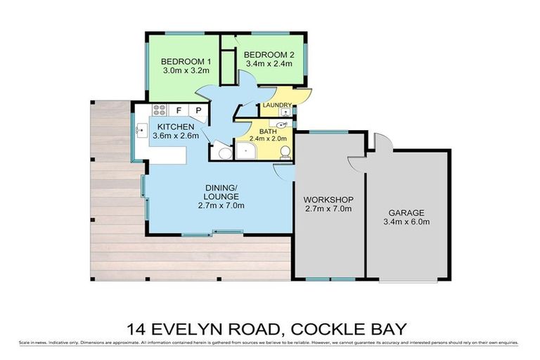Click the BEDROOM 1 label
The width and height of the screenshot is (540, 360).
pos(181,60)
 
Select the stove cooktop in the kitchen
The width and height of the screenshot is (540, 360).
pos(160,110)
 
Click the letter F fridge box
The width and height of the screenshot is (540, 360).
pos(179,110)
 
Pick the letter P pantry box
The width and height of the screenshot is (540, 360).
pos(198,110)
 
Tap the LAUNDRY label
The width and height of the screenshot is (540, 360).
pos(276,105)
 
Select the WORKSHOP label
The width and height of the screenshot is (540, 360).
pos(328,200)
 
